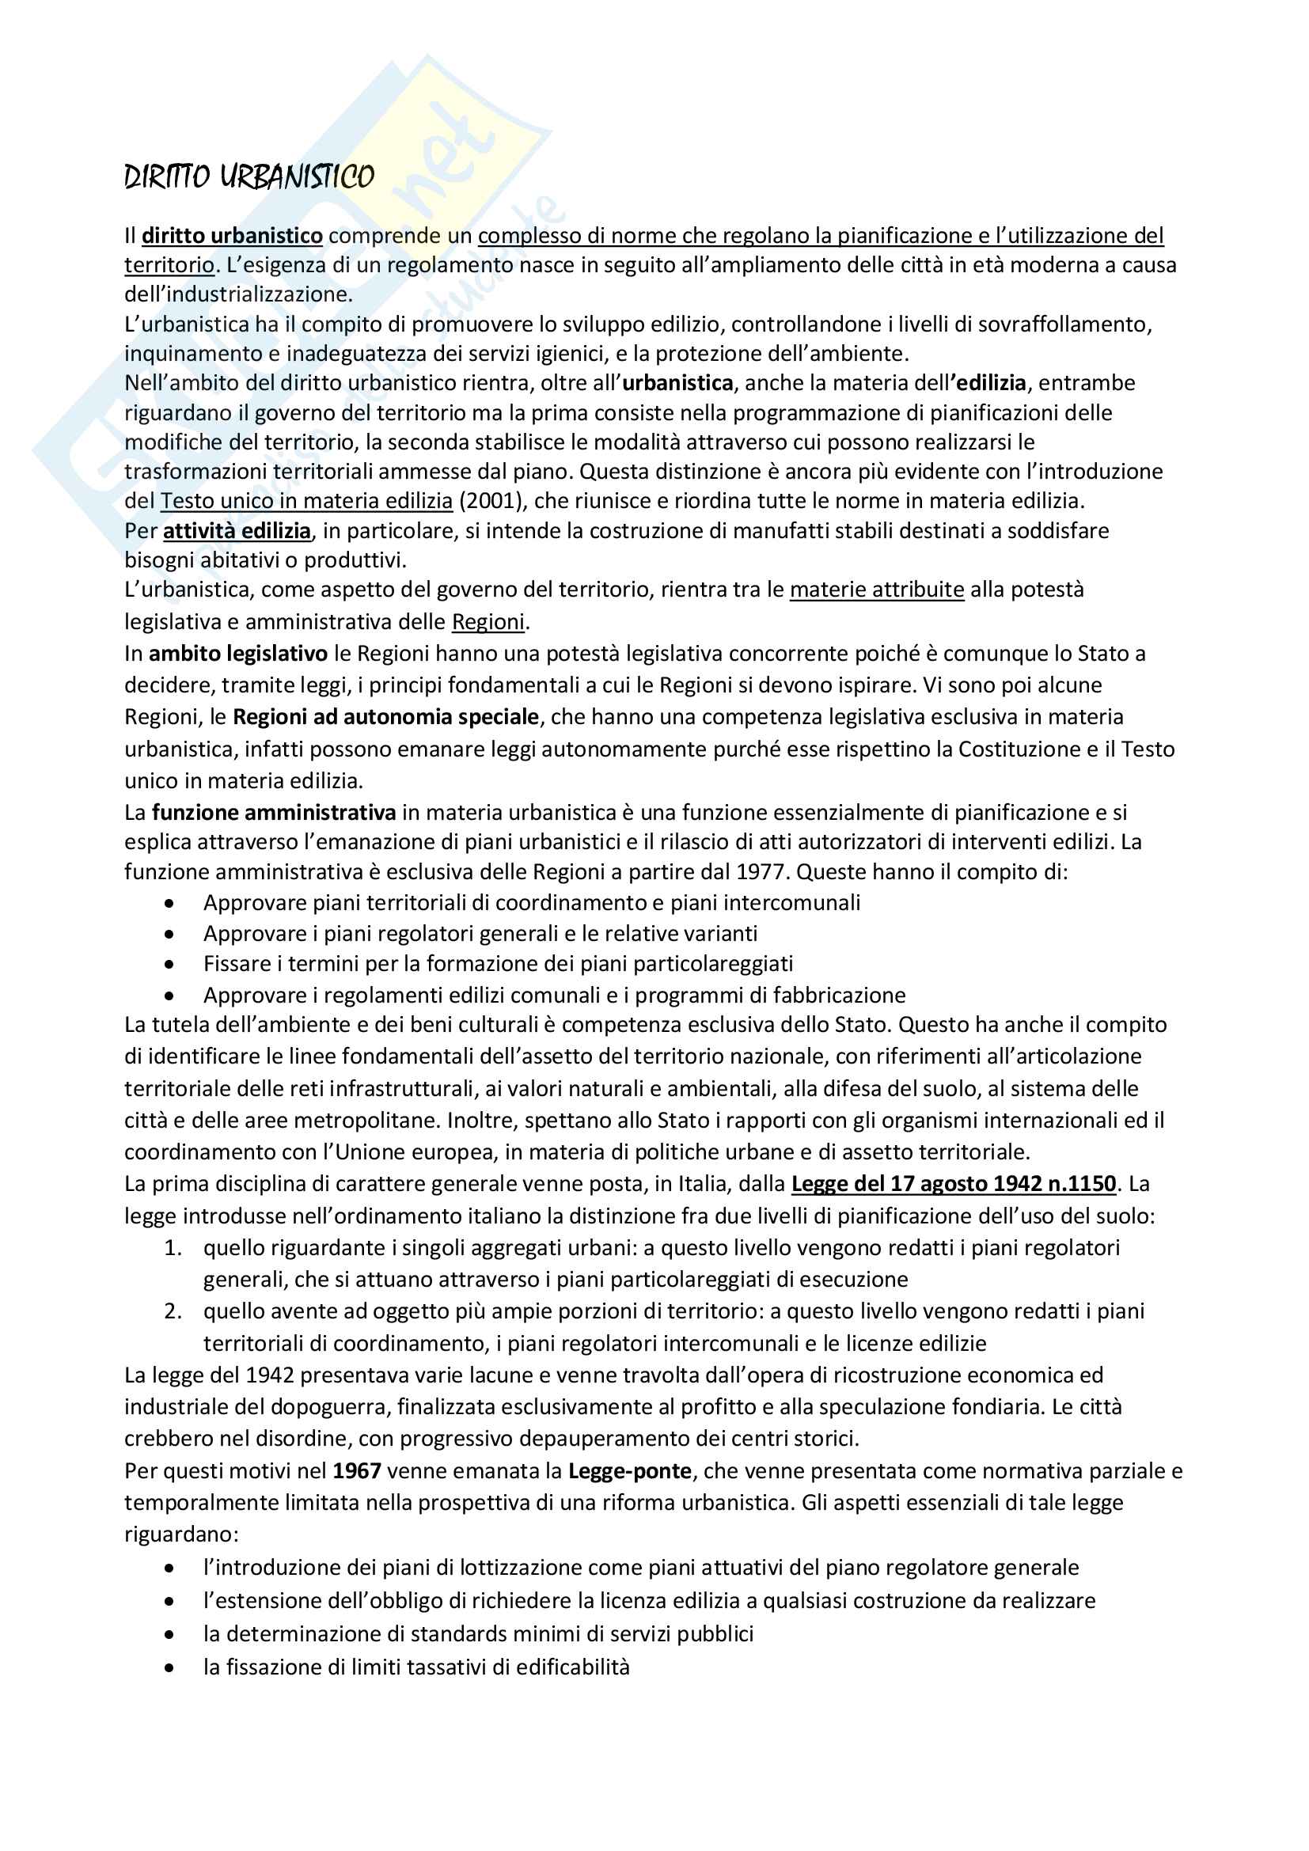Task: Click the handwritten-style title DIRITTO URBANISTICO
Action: (249, 176)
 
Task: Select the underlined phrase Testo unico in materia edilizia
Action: (306, 501)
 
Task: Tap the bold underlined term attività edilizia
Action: (236, 530)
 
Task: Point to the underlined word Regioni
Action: (488, 621)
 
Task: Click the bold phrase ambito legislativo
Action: (237, 653)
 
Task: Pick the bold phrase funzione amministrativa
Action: (273, 812)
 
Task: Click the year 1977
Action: (760, 871)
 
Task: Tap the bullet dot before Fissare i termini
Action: (169, 964)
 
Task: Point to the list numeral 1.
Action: (173, 1248)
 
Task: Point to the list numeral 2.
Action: (173, 1310)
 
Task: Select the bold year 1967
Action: (356, 1471)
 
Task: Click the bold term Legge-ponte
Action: (629, 1471)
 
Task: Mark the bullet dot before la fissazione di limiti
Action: (169, 1667)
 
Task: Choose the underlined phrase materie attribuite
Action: (876, 590)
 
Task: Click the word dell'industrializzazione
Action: (237, 294)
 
